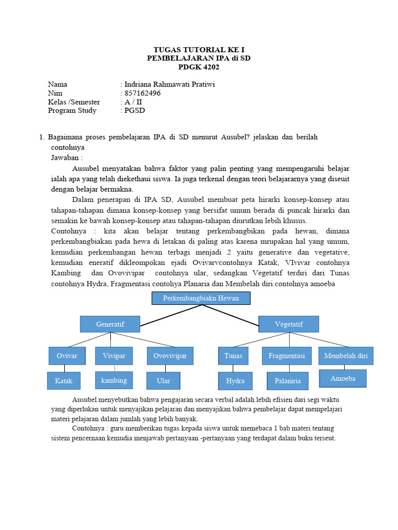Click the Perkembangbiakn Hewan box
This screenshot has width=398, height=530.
[x=201, y=299]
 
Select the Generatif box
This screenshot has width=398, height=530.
[x=110, y=324]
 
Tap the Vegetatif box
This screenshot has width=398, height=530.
[x=289, y=324]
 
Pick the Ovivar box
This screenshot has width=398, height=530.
[x=67, y=356]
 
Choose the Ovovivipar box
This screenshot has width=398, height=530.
[x=170, y=356]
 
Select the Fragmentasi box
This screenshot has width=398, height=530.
[x=287, y=356]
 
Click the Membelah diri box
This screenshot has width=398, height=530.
[x=346, y=356]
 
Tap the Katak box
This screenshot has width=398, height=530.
[x=64, y=381]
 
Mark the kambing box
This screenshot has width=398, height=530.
[x=114, y=380]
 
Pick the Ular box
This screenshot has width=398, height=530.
[x=163, y=381]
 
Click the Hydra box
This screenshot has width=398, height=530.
[x=235, y=381]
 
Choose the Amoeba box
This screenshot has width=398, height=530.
[x=343, y=378]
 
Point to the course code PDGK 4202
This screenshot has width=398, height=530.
[x=198, y=67]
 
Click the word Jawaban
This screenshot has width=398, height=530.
[x=66, y=157]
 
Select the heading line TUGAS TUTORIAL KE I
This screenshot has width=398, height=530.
[x=198, y=50]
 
